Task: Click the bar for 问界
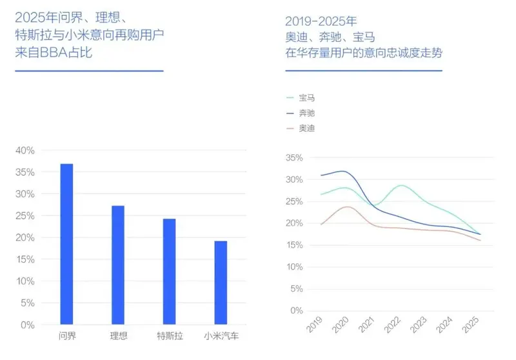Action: tap(66, 244)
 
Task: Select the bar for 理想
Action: tap(117, 265)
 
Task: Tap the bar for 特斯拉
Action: tap(169, 272)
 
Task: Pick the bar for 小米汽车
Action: tap(221, 283)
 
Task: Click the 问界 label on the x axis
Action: tap(66, 336)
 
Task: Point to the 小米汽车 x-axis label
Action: tap(221, 336)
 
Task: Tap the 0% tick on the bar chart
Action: tap(28, 325)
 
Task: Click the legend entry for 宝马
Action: tap(306, 98)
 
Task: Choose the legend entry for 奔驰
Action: tap(306, 113)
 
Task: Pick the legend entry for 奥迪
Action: tap(306, 128)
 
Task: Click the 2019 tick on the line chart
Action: tap(314, 325)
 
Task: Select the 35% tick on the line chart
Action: tap(293, 157)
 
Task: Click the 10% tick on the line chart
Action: tap(293, 266)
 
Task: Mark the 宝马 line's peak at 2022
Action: tap(402, 186)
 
